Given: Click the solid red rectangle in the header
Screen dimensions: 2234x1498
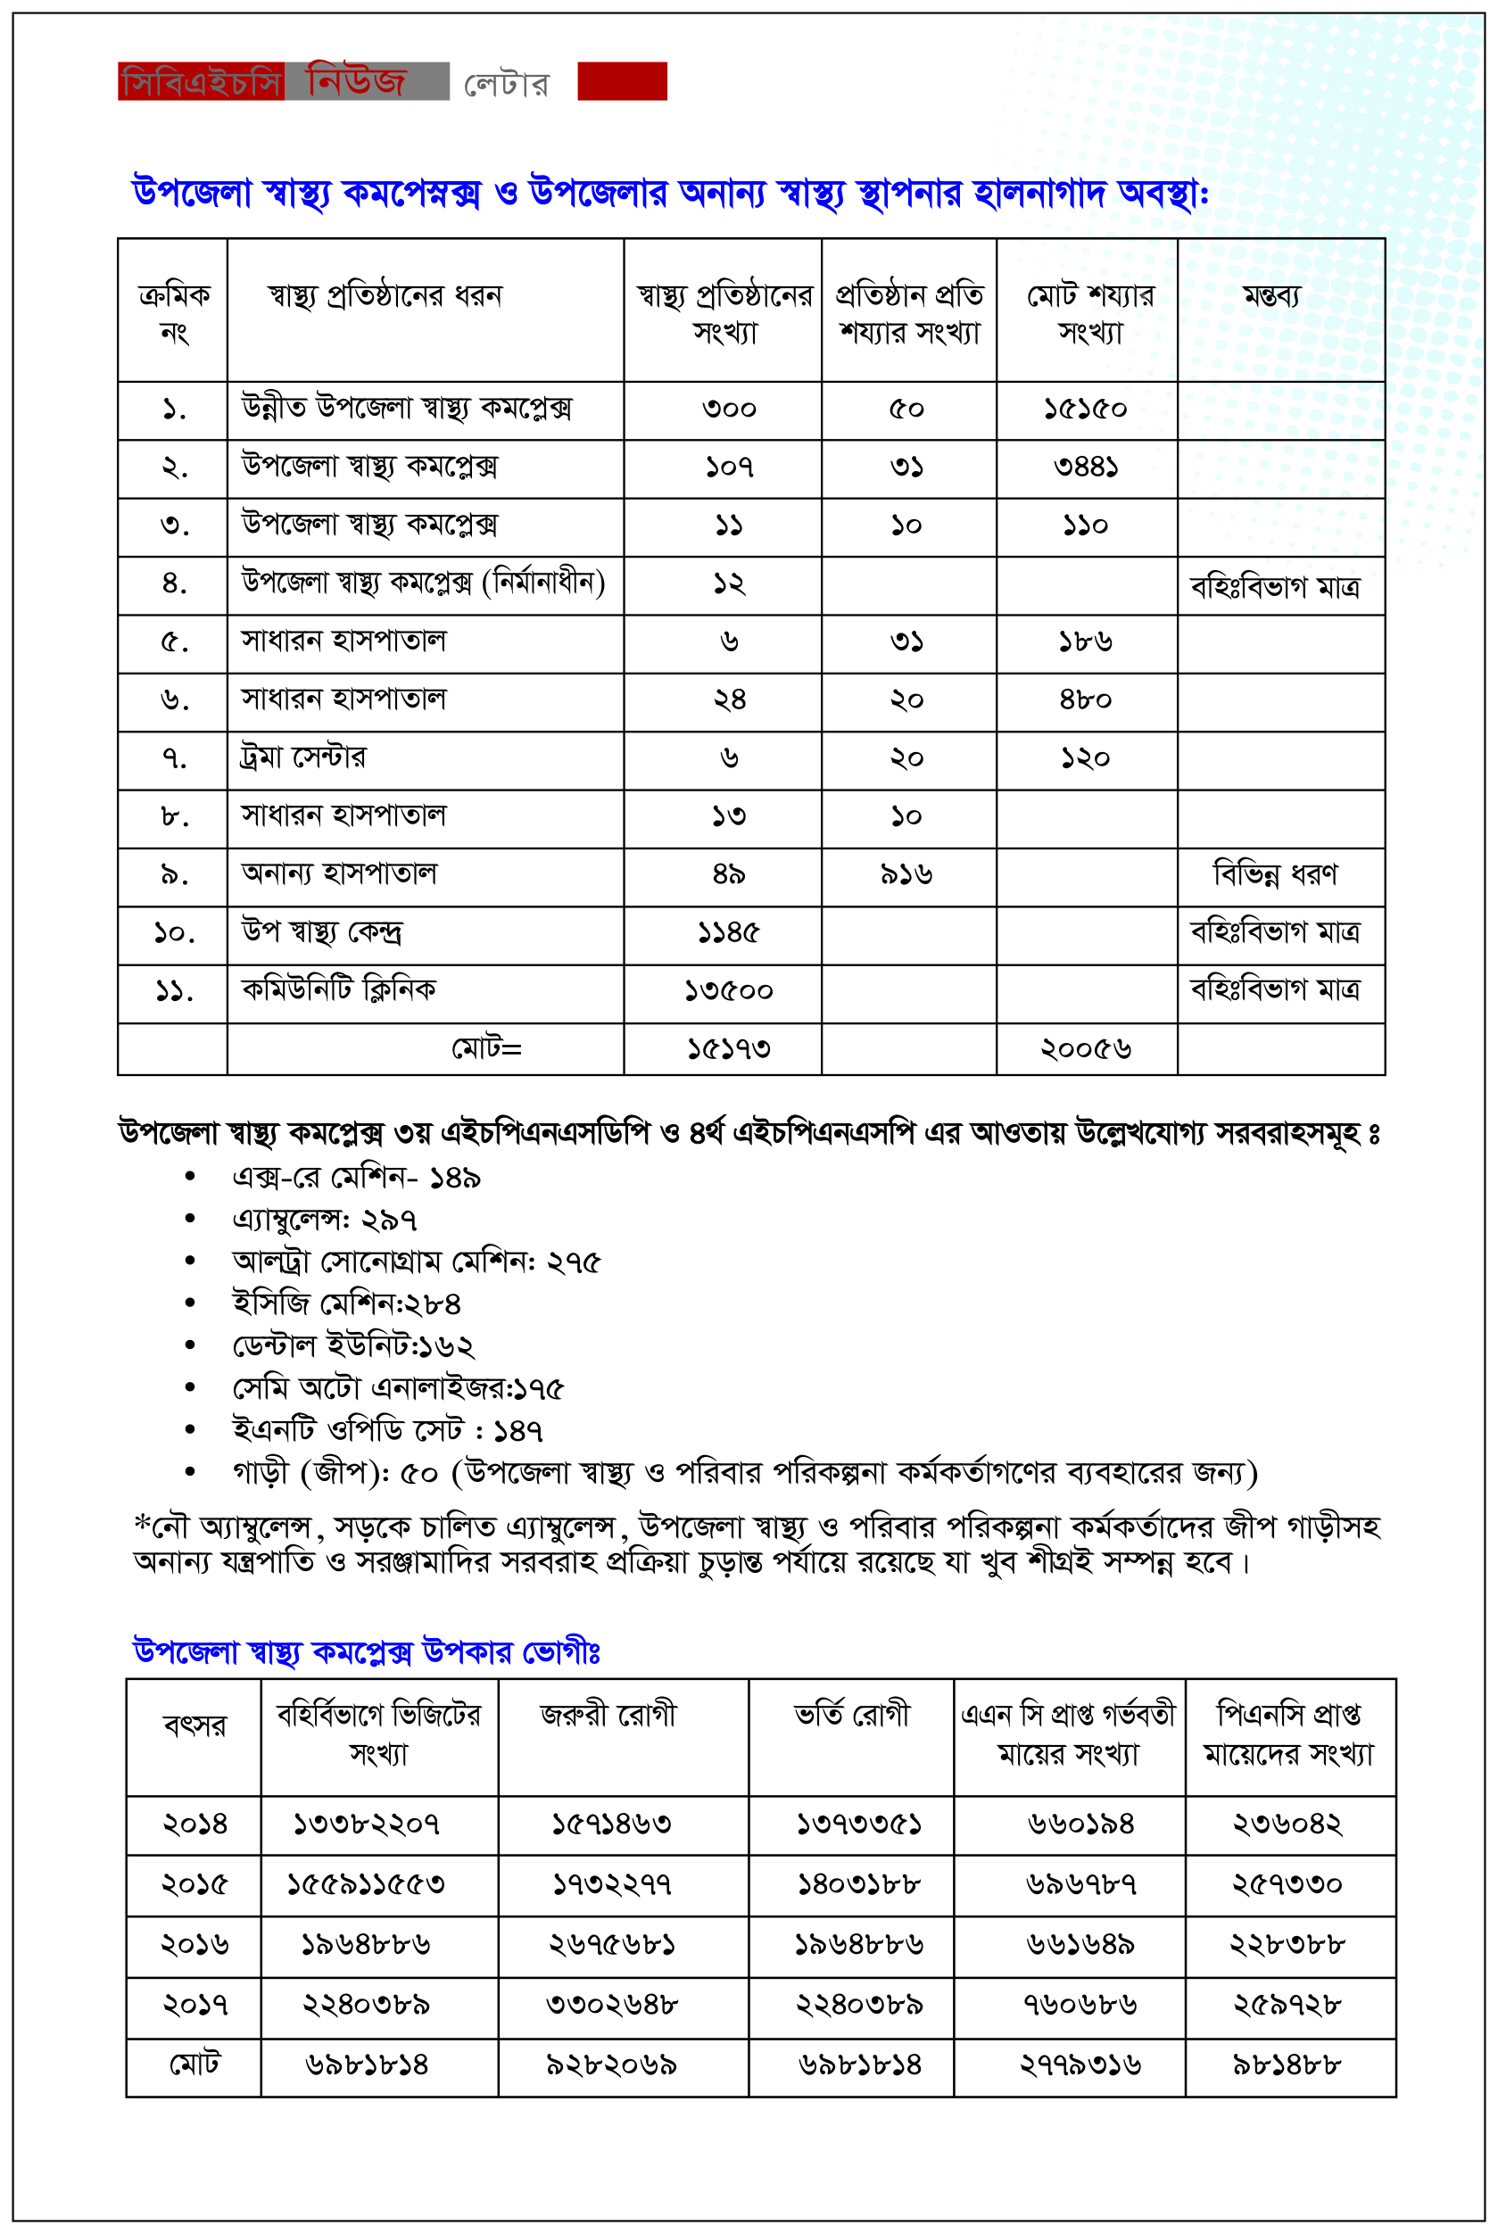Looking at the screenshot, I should click(622, 81).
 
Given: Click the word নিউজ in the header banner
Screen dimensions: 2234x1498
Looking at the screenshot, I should click(356, 81).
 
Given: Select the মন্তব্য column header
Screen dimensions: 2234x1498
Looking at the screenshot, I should click(1271, 297).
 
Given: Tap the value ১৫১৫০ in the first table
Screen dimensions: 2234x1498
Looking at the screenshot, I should click(1085, 410).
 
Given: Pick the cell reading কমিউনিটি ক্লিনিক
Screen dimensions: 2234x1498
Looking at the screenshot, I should click(339, 989).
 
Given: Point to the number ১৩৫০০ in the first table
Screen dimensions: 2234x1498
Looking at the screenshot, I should click(728, 991).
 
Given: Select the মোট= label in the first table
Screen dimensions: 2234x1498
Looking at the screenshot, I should click(486, 1048).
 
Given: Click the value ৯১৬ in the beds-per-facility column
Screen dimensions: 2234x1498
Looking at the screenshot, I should click(906, 875).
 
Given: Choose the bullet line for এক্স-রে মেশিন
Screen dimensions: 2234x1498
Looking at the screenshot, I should click(356, 1178).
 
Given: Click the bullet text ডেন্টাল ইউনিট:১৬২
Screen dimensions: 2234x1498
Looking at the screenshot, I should click(353, 1345).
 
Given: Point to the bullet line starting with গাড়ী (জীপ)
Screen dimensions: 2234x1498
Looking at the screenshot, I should click(745, 1473).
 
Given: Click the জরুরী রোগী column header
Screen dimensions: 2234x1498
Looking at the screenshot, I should click(608, 1716).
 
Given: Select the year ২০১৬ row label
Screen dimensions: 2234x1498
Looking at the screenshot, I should click(194, 1945).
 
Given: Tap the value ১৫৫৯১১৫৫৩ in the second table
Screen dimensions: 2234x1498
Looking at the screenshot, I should click(366, 1884).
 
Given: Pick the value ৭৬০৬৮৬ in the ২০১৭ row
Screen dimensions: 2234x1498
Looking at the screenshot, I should click(1080, 2004).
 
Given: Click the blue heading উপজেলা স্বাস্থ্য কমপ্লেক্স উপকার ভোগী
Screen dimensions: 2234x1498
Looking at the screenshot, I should click(366, 1651).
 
